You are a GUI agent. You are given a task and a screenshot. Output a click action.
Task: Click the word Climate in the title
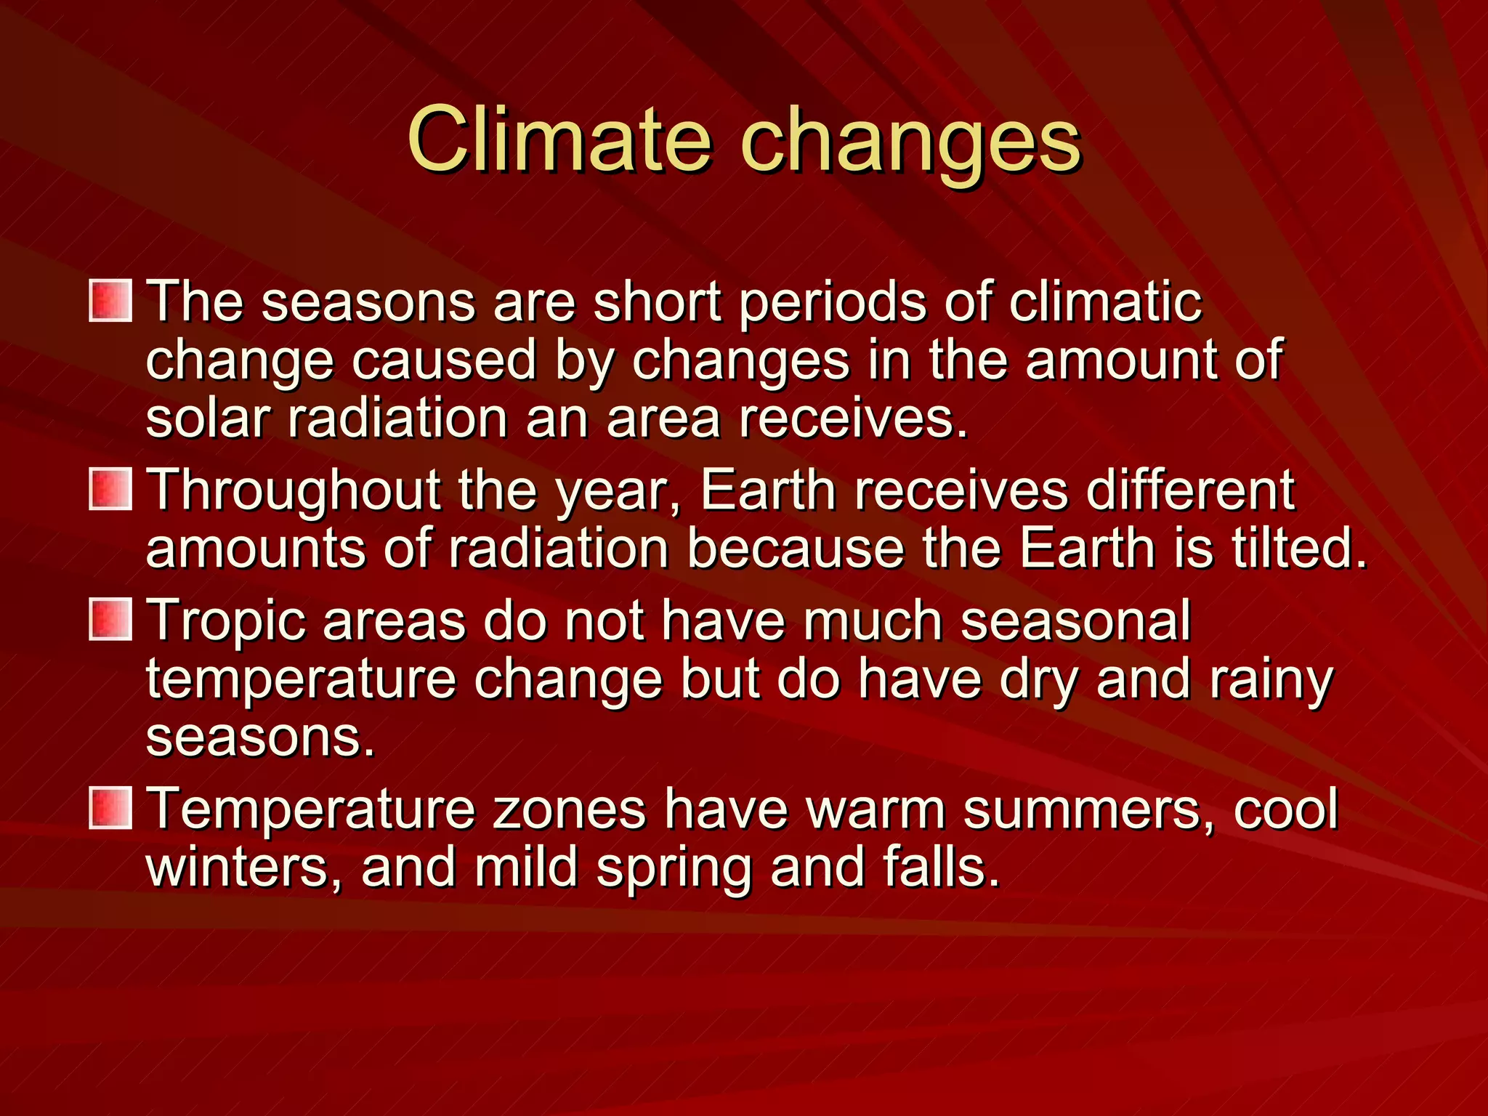(x=558, y=139)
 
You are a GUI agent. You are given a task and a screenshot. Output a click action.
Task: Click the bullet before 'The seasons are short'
(x=110, y=301)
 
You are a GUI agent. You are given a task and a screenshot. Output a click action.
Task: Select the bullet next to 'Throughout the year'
(x=110, y=489)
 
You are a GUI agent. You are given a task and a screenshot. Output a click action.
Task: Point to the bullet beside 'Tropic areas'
(x=110, y=620)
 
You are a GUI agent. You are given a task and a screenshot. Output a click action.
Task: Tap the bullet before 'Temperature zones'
(x=110, y=808)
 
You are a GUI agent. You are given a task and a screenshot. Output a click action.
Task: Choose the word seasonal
(x=1075, y=621)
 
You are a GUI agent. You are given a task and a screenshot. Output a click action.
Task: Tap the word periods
(x=832, y=303)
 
